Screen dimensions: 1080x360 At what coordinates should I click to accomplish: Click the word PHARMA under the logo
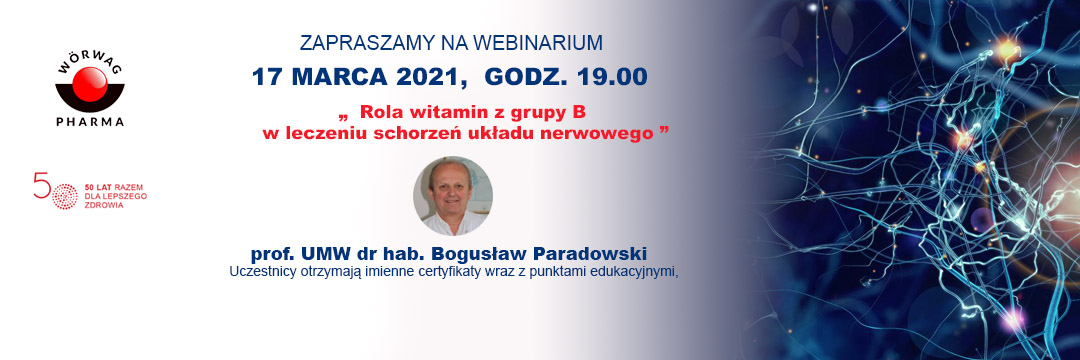click(x=90, y=122)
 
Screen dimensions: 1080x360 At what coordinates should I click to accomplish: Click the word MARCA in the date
click(x=340, y=76)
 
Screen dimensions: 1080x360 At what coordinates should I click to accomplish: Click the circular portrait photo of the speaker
click(x=453, y=196)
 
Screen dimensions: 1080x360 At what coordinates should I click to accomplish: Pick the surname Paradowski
click(x=594, y=253)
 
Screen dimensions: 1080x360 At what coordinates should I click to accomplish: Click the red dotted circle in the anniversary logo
click(x=65, y=197)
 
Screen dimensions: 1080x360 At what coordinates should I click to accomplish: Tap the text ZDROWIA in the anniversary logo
click(x=100, y=206)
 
